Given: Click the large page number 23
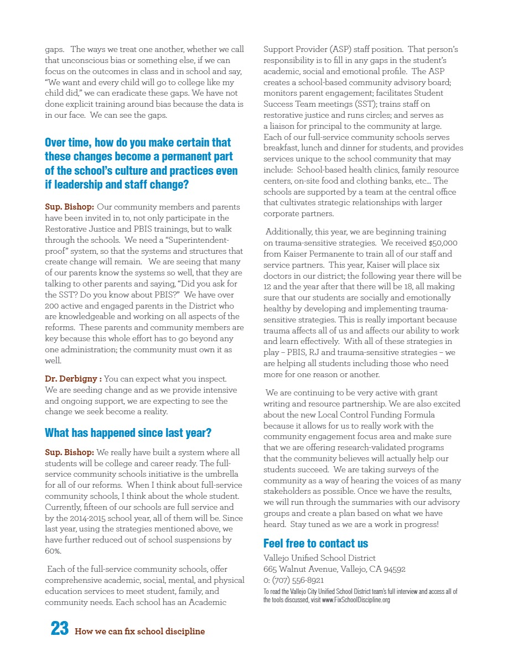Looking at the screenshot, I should pyautogui.click(x=59, y=629).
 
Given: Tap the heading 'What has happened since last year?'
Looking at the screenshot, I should pyautogui.click(x=128, y=432).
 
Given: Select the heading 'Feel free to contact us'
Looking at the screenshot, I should pyautogui.click(x=315, y=543).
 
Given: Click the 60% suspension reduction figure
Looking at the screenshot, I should pyautogui.click(x=53, y=551).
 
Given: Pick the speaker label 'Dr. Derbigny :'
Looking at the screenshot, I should pyautogui.click(x=73, y=379).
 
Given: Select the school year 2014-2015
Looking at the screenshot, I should pyautogui.click(x=80, y=518).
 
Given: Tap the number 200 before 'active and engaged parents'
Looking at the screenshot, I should pyautogui.click(x=52, y=306).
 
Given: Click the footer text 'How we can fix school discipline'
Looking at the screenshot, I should pyautogui.click(x=139, y=632).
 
